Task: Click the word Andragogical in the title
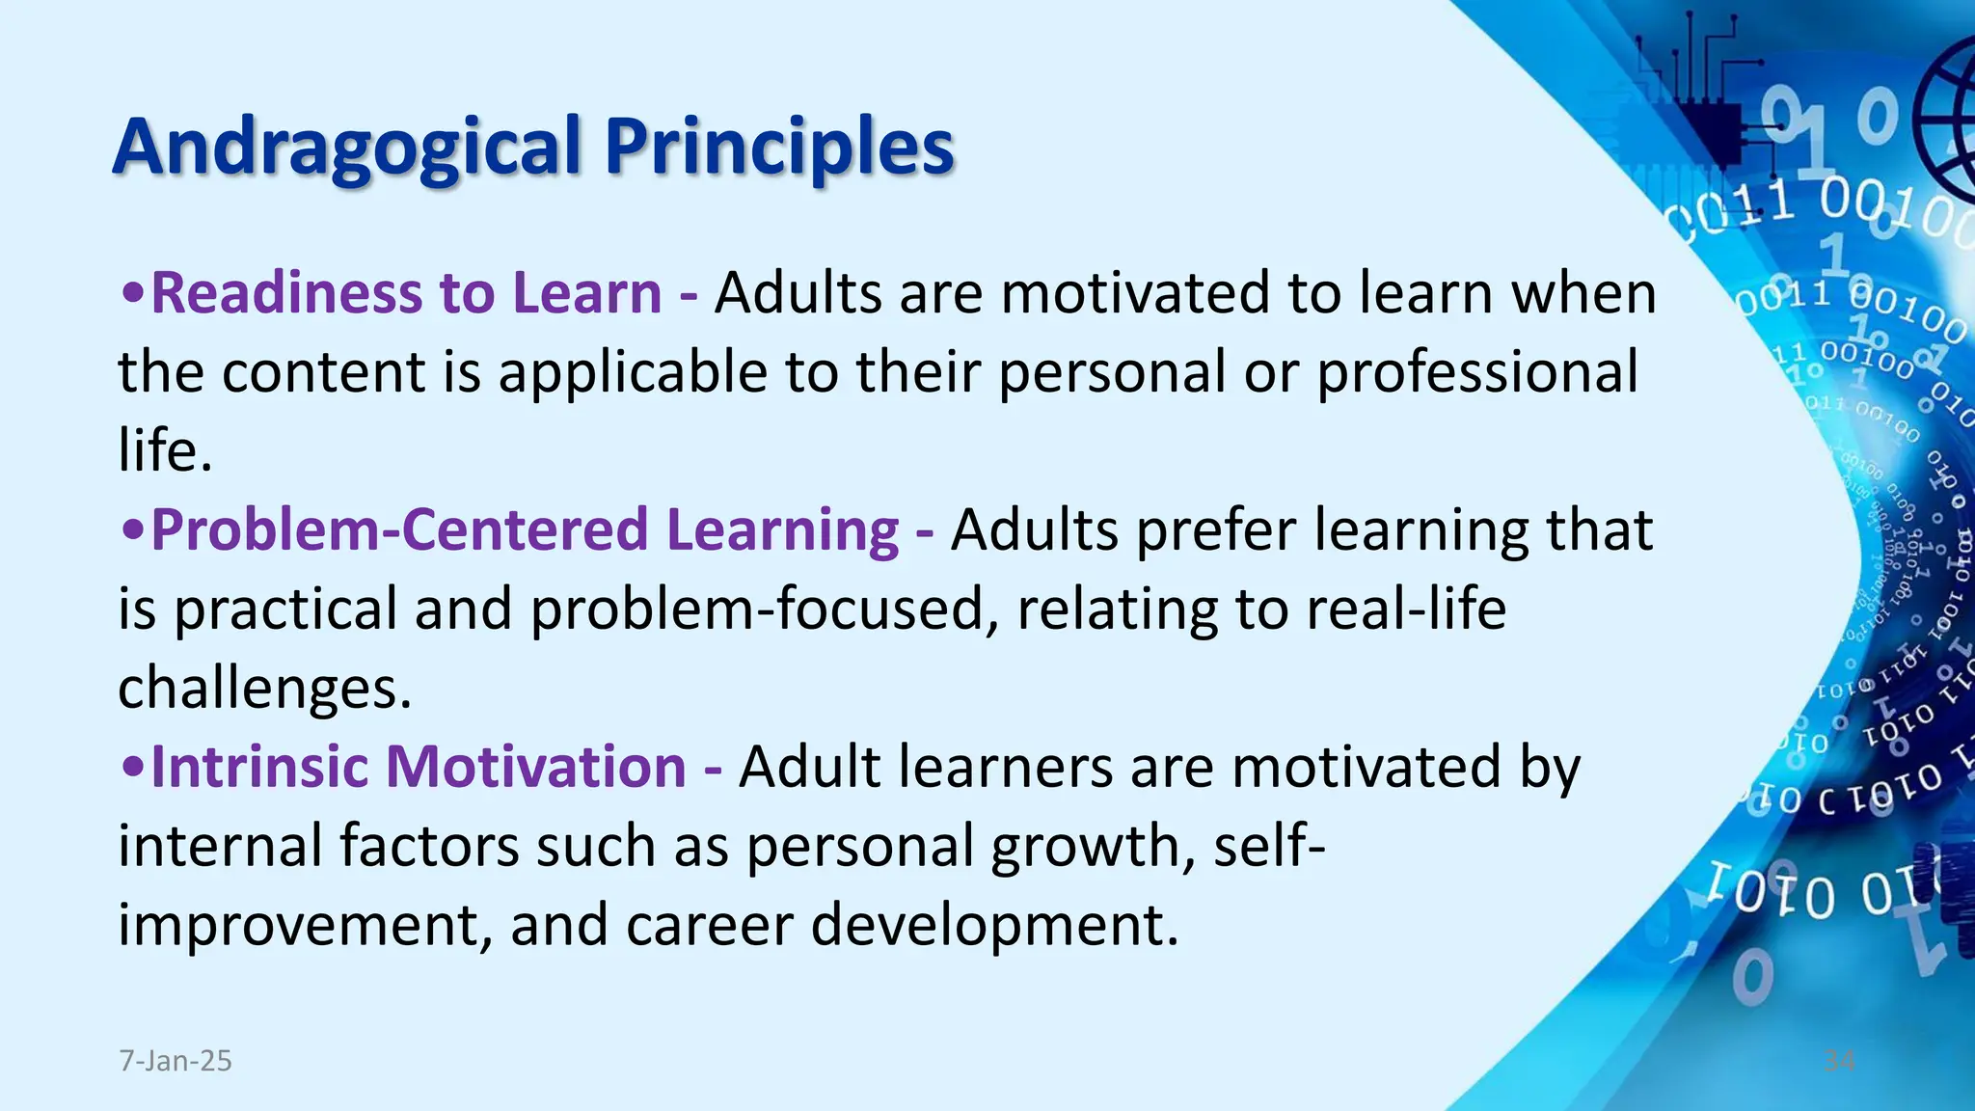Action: point(347,148)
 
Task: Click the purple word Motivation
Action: point(535,768)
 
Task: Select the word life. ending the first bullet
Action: point(164,451)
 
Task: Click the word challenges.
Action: point(264,689)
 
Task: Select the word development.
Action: point(994,926)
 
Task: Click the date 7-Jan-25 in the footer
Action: point(176,1061)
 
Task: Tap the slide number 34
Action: point(1839,1061)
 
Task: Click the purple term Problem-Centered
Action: point(399,530)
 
